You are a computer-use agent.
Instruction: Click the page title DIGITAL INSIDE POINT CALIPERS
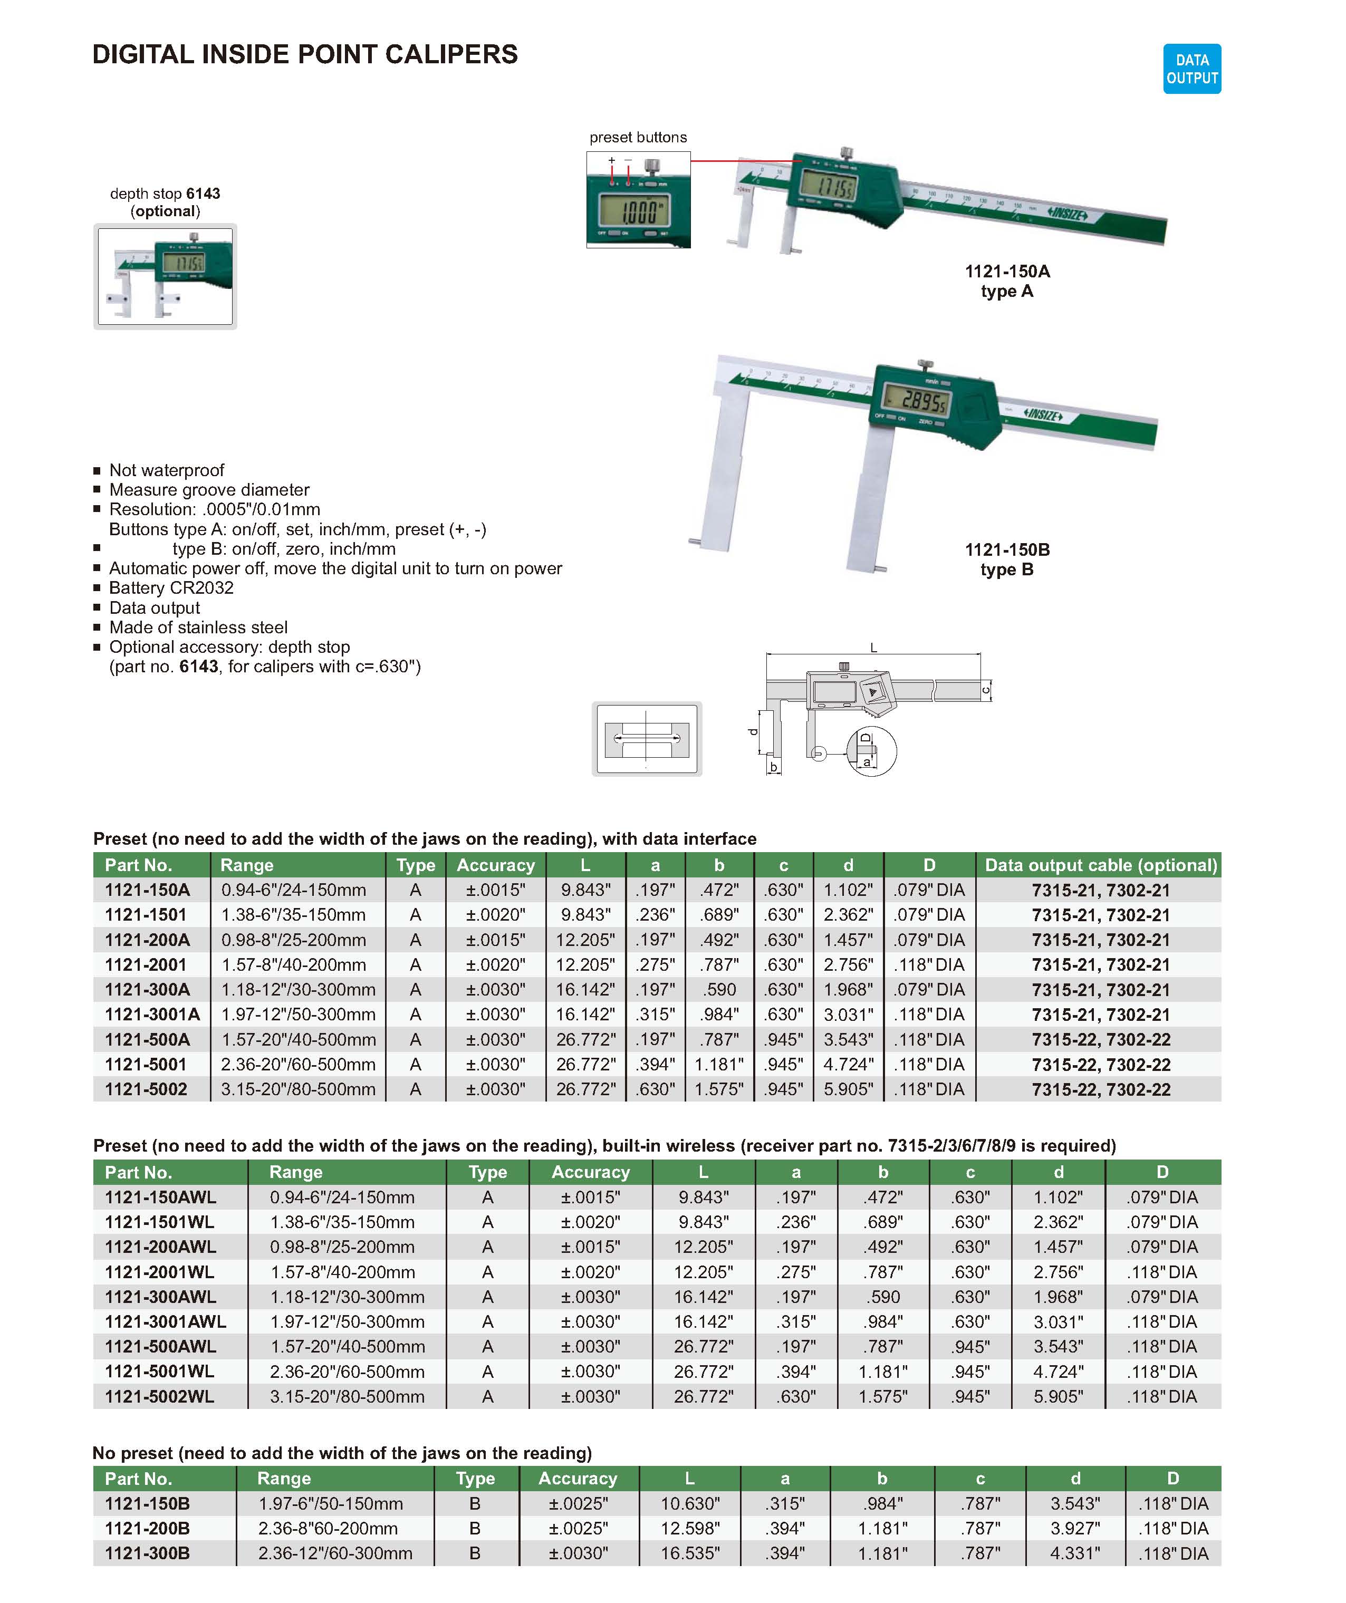point(305,54)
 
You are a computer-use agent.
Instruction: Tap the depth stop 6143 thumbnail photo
point(165,276)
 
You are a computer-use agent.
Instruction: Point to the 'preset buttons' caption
point(638,138)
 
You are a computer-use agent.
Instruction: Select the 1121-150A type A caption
point(1006,281)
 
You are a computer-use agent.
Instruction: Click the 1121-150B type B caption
point(1006,559)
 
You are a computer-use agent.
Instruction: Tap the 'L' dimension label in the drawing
point(873,648)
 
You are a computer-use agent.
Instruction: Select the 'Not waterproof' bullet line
point(167,470)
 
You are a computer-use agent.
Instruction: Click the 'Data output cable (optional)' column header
point(1100,865)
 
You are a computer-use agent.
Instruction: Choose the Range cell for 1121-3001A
point(299,1015)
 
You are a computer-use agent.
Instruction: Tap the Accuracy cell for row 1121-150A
point(495,890)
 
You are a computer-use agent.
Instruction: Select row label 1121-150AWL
point(160,1197)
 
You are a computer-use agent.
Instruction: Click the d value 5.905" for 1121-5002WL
point(1057,1396)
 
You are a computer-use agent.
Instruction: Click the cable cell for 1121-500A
point(1100,1040)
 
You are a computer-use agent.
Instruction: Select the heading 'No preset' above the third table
point(342,1453)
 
